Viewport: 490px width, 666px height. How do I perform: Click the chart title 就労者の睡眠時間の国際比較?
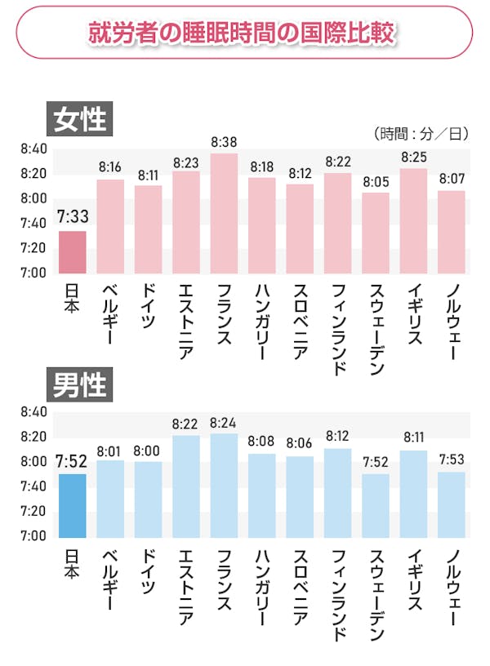tap(243, 33)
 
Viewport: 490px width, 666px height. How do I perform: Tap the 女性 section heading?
tap(79, 120)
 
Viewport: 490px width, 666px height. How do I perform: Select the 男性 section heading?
tap(79, 384)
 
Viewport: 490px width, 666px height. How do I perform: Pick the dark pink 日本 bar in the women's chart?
tap(72, 252)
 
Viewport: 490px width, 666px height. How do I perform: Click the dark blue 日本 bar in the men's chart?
tap(72, 505)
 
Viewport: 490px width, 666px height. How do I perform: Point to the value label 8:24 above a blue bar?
tap(224, 423)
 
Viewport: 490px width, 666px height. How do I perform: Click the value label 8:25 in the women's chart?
tap(414, 156)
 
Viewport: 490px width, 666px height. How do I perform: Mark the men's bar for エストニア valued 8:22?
tap(186, 486)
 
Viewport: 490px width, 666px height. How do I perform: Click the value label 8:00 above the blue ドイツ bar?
tap(148, 450)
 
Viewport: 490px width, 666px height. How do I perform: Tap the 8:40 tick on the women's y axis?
tap(34, 149)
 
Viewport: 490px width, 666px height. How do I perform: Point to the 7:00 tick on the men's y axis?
tap(34, 535)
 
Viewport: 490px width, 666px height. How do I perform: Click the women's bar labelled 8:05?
tap(376, 233)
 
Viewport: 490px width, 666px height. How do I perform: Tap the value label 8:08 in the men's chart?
tap(262, 442)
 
